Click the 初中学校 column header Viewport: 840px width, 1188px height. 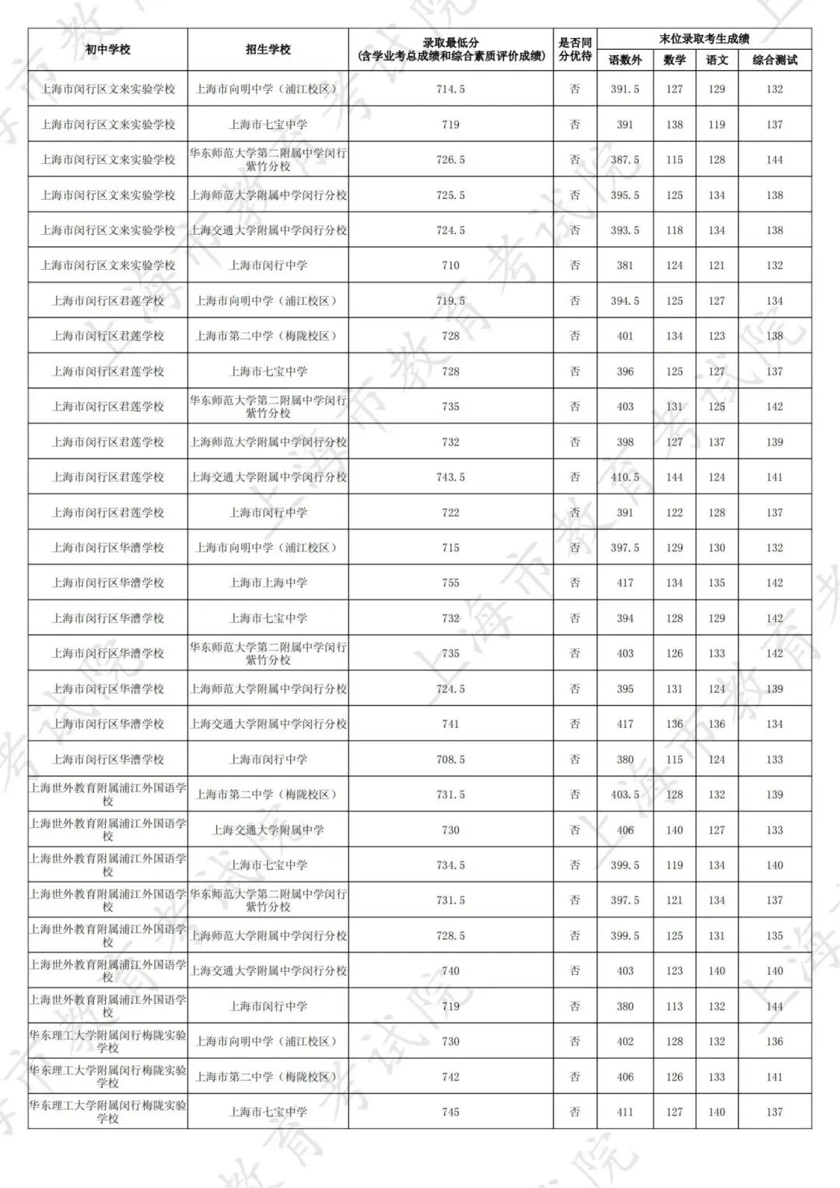tap(107, 50)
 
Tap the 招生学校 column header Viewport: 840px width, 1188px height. tap(268, 50)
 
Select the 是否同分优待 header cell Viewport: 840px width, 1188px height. tap(575, 50)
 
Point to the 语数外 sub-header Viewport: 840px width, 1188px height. tap(625, 60)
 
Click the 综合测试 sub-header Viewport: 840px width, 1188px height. tap(774, 60)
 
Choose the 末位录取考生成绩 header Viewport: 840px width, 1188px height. tap(704, 39)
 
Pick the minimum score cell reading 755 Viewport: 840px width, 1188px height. tap(450, 583)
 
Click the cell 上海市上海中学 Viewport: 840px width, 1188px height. tap(268, 583)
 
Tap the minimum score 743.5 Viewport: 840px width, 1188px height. tap(450, 477)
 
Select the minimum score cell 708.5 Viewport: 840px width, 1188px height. tap(450, 760)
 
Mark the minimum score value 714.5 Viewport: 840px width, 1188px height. tap(450, 89)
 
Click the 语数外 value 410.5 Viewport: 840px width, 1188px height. tap(625, 477)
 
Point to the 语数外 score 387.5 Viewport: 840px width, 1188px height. tap(625, 159)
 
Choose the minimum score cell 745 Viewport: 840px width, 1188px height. tap(450, 1113)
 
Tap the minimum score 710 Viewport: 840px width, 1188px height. tap(450, 265)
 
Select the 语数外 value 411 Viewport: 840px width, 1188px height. tap(625, 1113)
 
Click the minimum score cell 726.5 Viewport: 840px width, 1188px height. tap(450, 159)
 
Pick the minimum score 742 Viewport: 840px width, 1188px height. tap(450, 1077)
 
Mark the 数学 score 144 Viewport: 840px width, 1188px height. tap(674, 477)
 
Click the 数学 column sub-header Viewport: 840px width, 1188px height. tap(674, 60)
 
